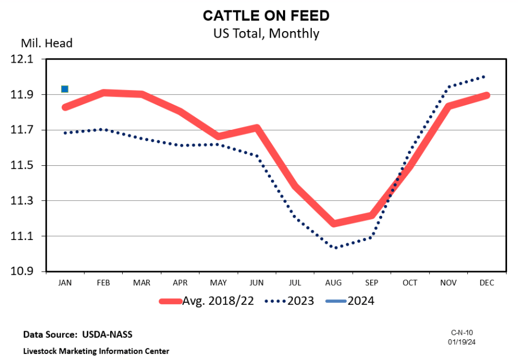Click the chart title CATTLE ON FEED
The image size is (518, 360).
pyautogui.click(x=266, y=16)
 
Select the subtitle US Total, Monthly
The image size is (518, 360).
pyautogui.click(x=266, y=33)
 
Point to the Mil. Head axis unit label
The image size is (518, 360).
pyautogui.click(x=46, y=43)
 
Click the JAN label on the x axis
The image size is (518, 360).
pyautogui.click(x=65, y=283)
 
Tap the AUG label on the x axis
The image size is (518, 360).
pyautogui.click(x=333, y=283)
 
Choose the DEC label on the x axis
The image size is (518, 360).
pyautogui.click(x=486, y=283)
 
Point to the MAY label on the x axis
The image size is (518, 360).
pyautogui.click(x=218, y=283)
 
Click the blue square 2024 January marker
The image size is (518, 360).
pyautogui.click(x=65, y=89)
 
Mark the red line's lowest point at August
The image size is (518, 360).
pyautogui.click(x=333, y=223)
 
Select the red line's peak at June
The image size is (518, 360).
pyautogui.click(x=256, y=129)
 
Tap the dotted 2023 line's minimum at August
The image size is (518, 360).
pyautogui.click(x=334, y=248)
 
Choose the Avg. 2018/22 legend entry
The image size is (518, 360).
pyautogui.click(x=207, y=301)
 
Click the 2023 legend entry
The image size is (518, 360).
pyautogui.click(x=290, y=301)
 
